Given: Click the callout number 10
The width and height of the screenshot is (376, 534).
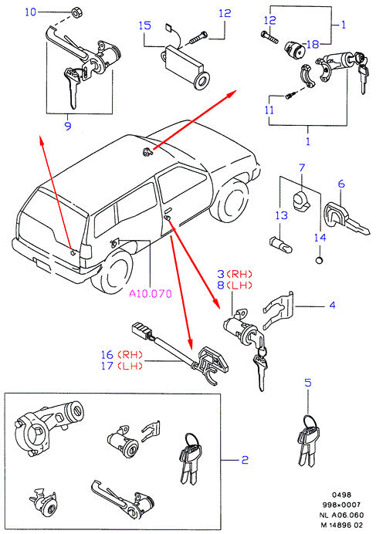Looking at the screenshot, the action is [x=30, y=12].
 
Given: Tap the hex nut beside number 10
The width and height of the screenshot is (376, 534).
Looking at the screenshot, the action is [x=76, y=13].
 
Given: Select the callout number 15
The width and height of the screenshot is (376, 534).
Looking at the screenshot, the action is [x=145, y=25].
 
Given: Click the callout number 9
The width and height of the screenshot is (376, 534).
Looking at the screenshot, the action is [x=68, y=126].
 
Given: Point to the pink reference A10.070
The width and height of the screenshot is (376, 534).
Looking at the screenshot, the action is [x=151, y=293].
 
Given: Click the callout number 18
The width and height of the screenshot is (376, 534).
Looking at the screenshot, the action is [x=313, y=44].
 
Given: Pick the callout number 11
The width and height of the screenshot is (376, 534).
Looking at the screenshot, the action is [x=269, y=110].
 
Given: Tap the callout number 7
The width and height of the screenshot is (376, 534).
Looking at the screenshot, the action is [x=302, y=168].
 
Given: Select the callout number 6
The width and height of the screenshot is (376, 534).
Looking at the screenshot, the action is [x=341, y=184].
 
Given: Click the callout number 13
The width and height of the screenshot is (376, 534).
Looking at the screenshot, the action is [x=282, y=215].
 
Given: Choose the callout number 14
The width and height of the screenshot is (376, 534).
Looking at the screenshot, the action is [x=320, y=238].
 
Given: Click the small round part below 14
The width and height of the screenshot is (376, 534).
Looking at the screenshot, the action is [x=320, y=260].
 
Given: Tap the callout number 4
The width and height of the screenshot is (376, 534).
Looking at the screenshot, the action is [x=332, y=305].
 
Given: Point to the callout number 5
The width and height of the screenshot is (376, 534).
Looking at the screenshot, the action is [x=308, y=383].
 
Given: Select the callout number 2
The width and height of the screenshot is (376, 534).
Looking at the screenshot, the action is [x=245, y=460].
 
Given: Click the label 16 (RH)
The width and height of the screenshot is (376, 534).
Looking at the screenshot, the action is [x=122, y=354].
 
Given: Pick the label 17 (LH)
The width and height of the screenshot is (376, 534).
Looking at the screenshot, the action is [x=122, y=366].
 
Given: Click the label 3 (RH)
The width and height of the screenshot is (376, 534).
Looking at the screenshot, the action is [x=235, y=274].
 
